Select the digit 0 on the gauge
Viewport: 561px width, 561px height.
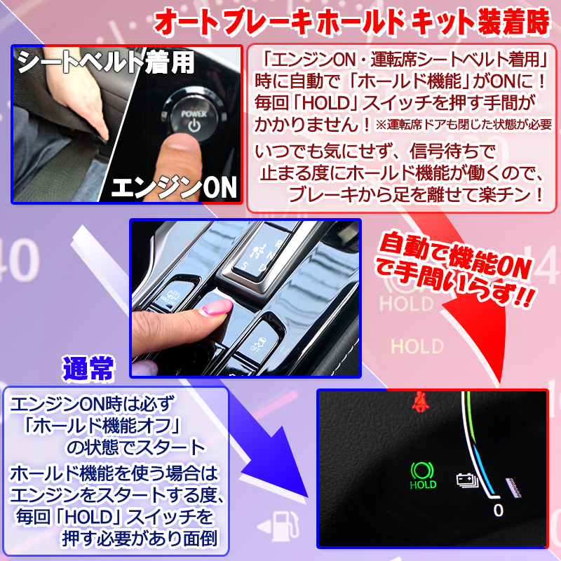498,510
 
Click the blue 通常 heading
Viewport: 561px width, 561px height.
88,367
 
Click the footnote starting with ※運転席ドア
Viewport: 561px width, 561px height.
464,126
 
